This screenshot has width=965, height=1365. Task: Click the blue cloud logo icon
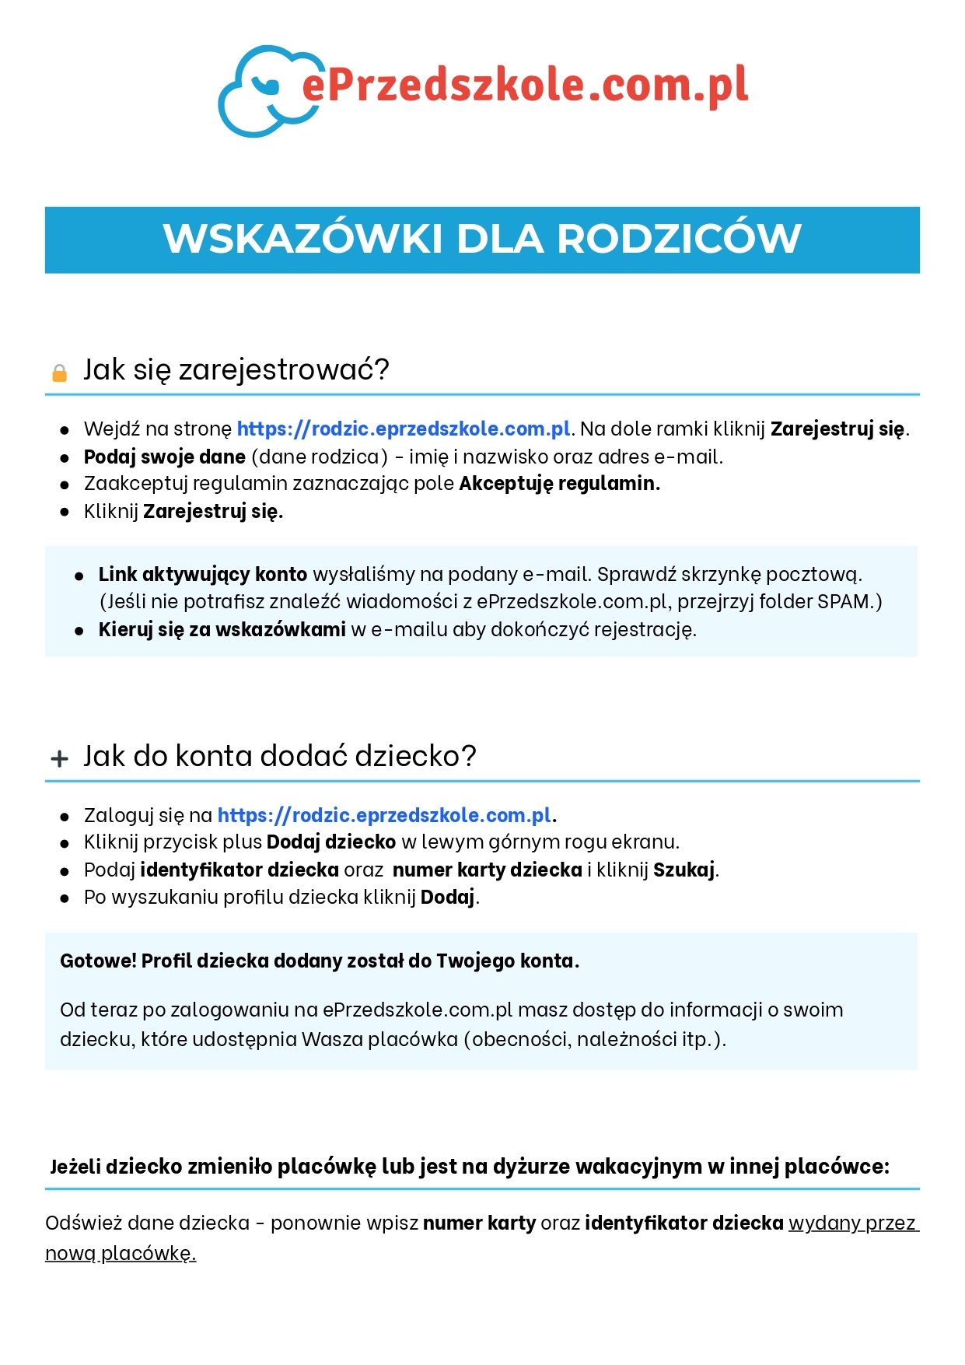[x=260, y=92]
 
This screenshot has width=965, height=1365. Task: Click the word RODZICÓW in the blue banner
[x=679, y=239]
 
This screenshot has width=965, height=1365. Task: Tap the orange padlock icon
[x=59, y=373]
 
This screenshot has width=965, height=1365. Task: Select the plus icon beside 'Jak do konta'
[x=59, y=758]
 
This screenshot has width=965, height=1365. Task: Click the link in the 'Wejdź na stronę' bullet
[x=404, y=429]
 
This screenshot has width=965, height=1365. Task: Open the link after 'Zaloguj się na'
[x=384, y=815]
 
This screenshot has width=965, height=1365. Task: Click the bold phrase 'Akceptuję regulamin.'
[x=559, y=484]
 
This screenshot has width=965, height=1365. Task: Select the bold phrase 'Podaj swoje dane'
[x=164, y=457]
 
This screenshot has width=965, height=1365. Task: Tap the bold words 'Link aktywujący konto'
[x=203, y=575]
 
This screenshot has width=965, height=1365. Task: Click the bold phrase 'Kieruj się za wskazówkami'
[x=222, y=629]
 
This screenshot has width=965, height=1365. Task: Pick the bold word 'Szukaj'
[x=684, y=870]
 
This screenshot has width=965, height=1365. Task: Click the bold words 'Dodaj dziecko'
[x=331, y=842]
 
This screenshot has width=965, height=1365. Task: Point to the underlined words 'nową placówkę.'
[x=121, y=1253]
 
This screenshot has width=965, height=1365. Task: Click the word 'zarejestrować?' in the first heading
[x=284, y=369]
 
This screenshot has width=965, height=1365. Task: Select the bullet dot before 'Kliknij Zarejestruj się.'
[x=65, y=512]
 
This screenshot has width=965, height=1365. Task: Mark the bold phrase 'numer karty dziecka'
[x=487, y=870]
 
